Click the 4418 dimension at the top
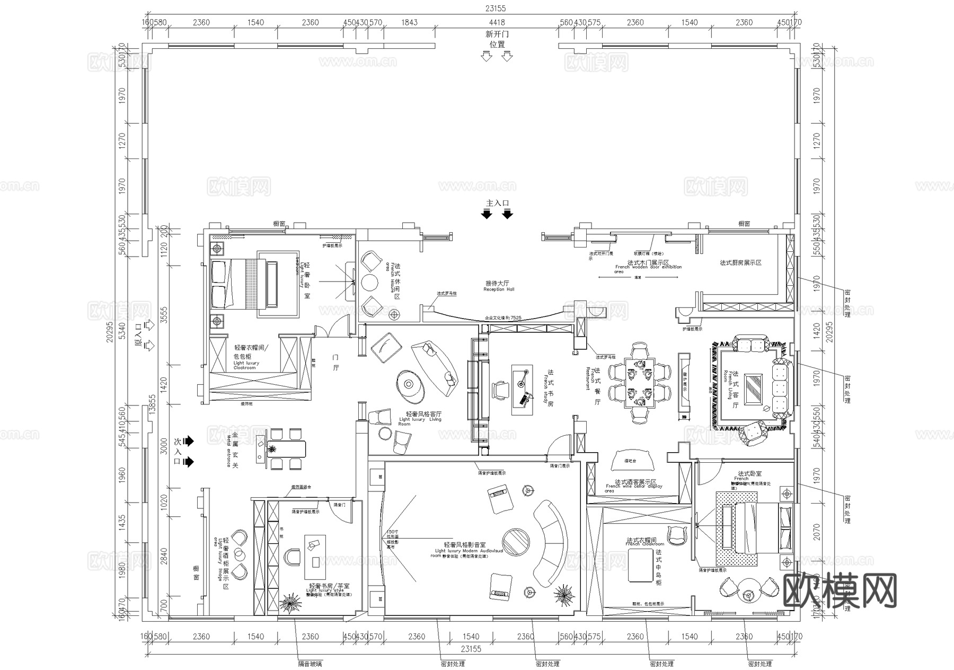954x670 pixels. pos(497,22)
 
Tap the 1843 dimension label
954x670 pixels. pos(409,22)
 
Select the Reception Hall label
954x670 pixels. pos(498,286)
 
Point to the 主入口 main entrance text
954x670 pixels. pos(497,203)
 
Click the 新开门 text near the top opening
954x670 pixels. pos(497,34)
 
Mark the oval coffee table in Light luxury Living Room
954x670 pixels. pos(410,385)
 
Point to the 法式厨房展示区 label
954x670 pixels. pos(740,263)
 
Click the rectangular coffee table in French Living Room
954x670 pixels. pos(753,389)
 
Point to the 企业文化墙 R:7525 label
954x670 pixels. pos(503,318)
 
